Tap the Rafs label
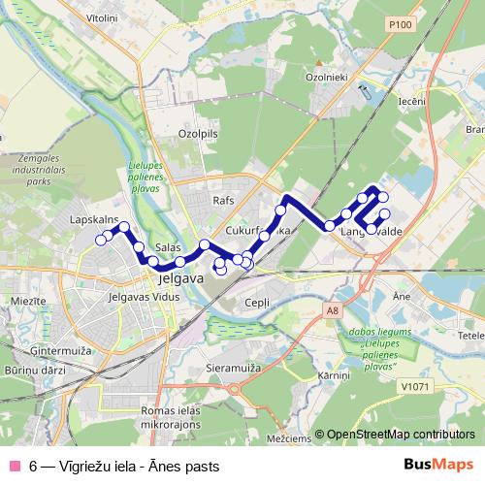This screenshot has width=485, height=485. [x=224, y=200]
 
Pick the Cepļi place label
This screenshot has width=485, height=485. [x=257, y=302]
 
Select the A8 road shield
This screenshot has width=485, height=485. [x=333, y=310]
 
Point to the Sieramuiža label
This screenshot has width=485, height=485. [x=235, y=369]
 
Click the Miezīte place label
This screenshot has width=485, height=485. [x=28, y=303]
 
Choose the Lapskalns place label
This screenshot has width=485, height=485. [x=94, y=220]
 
